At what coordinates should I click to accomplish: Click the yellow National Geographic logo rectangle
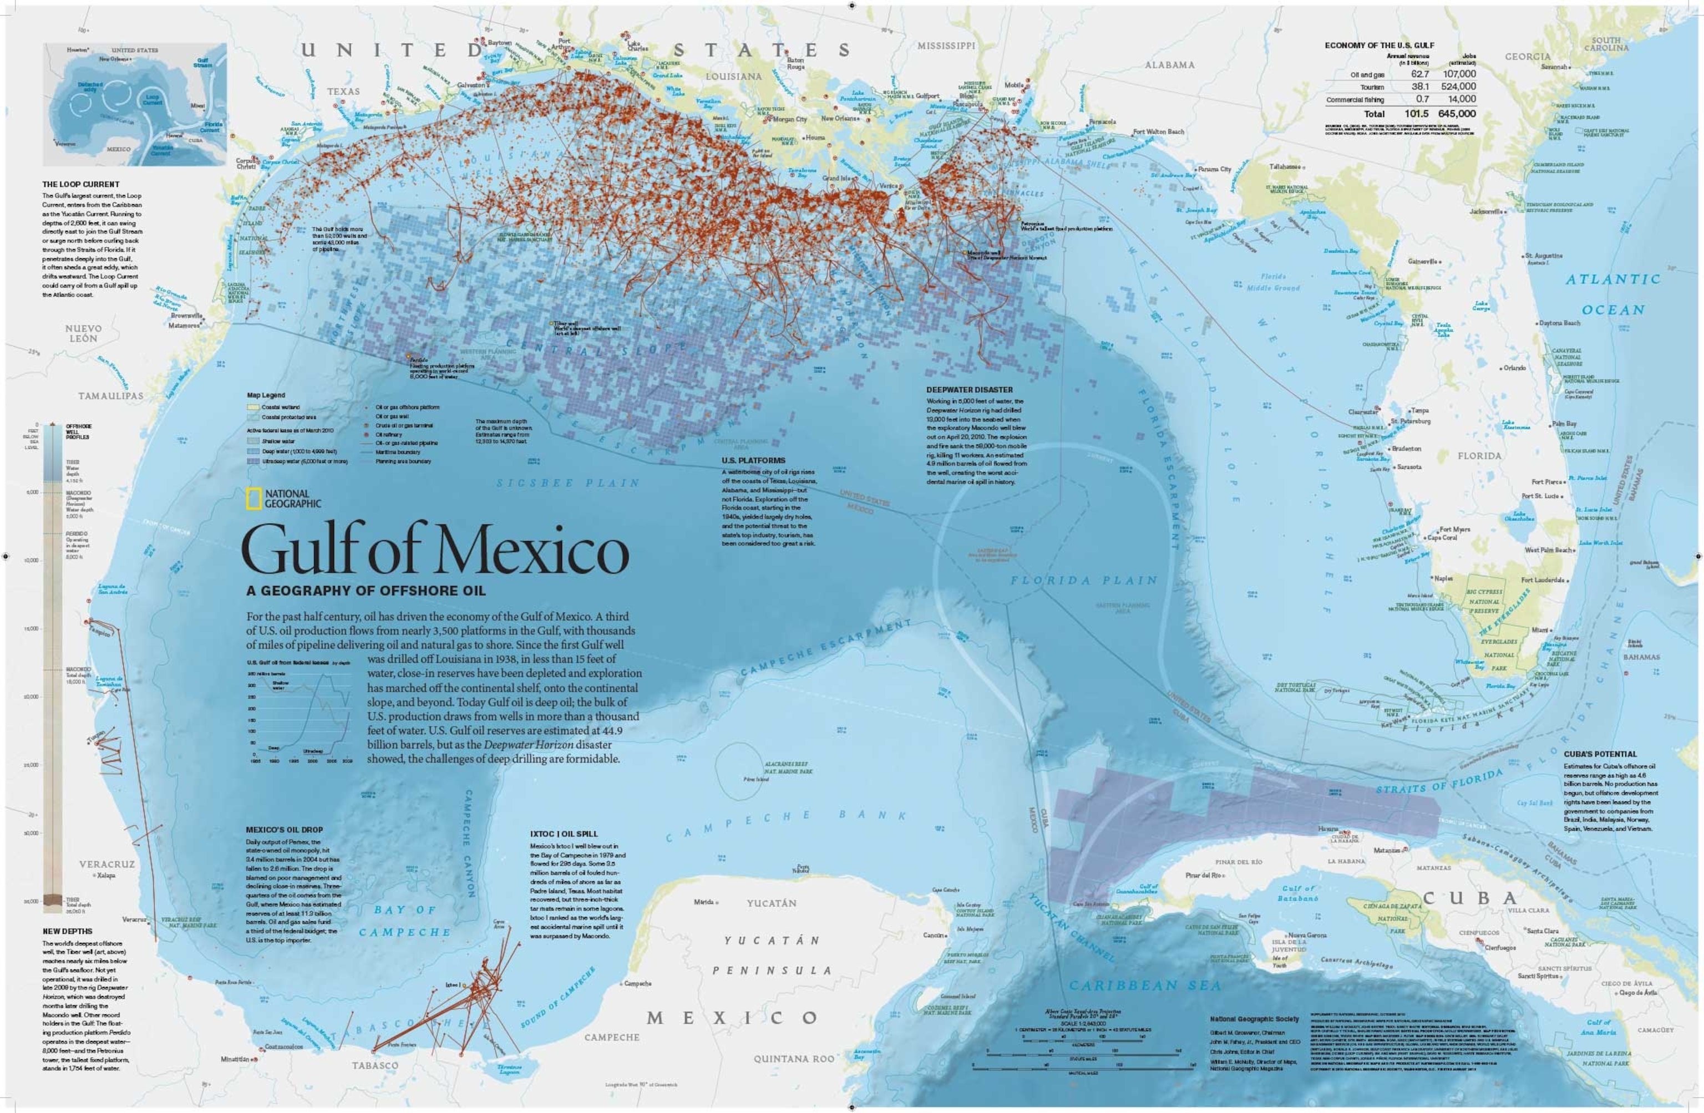coord(253,499)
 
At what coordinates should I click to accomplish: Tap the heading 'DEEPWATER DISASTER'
coord(970,390)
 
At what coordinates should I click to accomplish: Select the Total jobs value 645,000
coord(1457,113)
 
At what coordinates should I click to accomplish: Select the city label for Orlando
coord(1514,368)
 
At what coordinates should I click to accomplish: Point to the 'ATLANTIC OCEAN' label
coord(1612,294)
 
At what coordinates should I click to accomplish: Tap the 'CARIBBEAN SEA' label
coord(1145,985)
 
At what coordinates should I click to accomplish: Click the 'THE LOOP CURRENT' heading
coord(80,184)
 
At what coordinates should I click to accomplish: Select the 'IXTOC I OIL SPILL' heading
coord(564,834)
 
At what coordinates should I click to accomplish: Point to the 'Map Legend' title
coord(266,395)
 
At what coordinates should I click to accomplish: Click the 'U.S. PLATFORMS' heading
coord(753,460)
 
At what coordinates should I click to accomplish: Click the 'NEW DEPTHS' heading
coord(67,931)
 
